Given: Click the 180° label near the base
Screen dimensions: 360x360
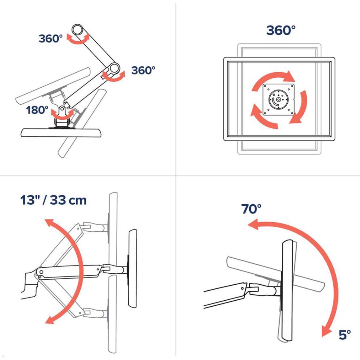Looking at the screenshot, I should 37,110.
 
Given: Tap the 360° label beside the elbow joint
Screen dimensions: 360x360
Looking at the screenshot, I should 143,70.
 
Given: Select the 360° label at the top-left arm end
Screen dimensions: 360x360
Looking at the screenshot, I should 51,39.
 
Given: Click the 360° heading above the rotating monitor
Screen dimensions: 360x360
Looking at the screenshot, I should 281,30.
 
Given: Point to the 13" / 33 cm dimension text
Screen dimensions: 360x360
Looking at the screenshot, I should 53,200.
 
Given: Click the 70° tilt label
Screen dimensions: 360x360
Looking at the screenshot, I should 251,209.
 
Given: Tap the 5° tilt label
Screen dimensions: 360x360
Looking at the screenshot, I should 345,335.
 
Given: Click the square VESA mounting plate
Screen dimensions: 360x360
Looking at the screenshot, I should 278,100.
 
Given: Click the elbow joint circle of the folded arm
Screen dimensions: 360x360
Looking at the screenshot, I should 114,68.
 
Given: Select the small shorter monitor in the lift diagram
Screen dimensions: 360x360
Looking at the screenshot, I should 133,268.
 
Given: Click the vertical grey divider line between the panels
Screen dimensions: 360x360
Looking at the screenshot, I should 176,90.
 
